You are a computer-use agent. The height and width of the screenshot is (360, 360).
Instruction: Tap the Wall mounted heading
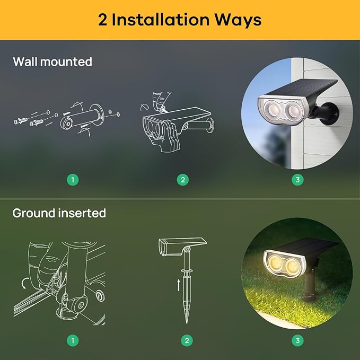point(52,62)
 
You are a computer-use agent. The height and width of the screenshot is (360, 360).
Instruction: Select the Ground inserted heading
point(59,213)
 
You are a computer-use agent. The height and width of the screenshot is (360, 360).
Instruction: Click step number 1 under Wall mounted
point(73,180)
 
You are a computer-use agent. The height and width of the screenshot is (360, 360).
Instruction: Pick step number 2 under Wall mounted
point(182,180)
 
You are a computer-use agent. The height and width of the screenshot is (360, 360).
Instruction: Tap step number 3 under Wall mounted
point(297,180)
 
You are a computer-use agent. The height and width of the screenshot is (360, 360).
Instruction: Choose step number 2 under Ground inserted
point(186,340)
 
